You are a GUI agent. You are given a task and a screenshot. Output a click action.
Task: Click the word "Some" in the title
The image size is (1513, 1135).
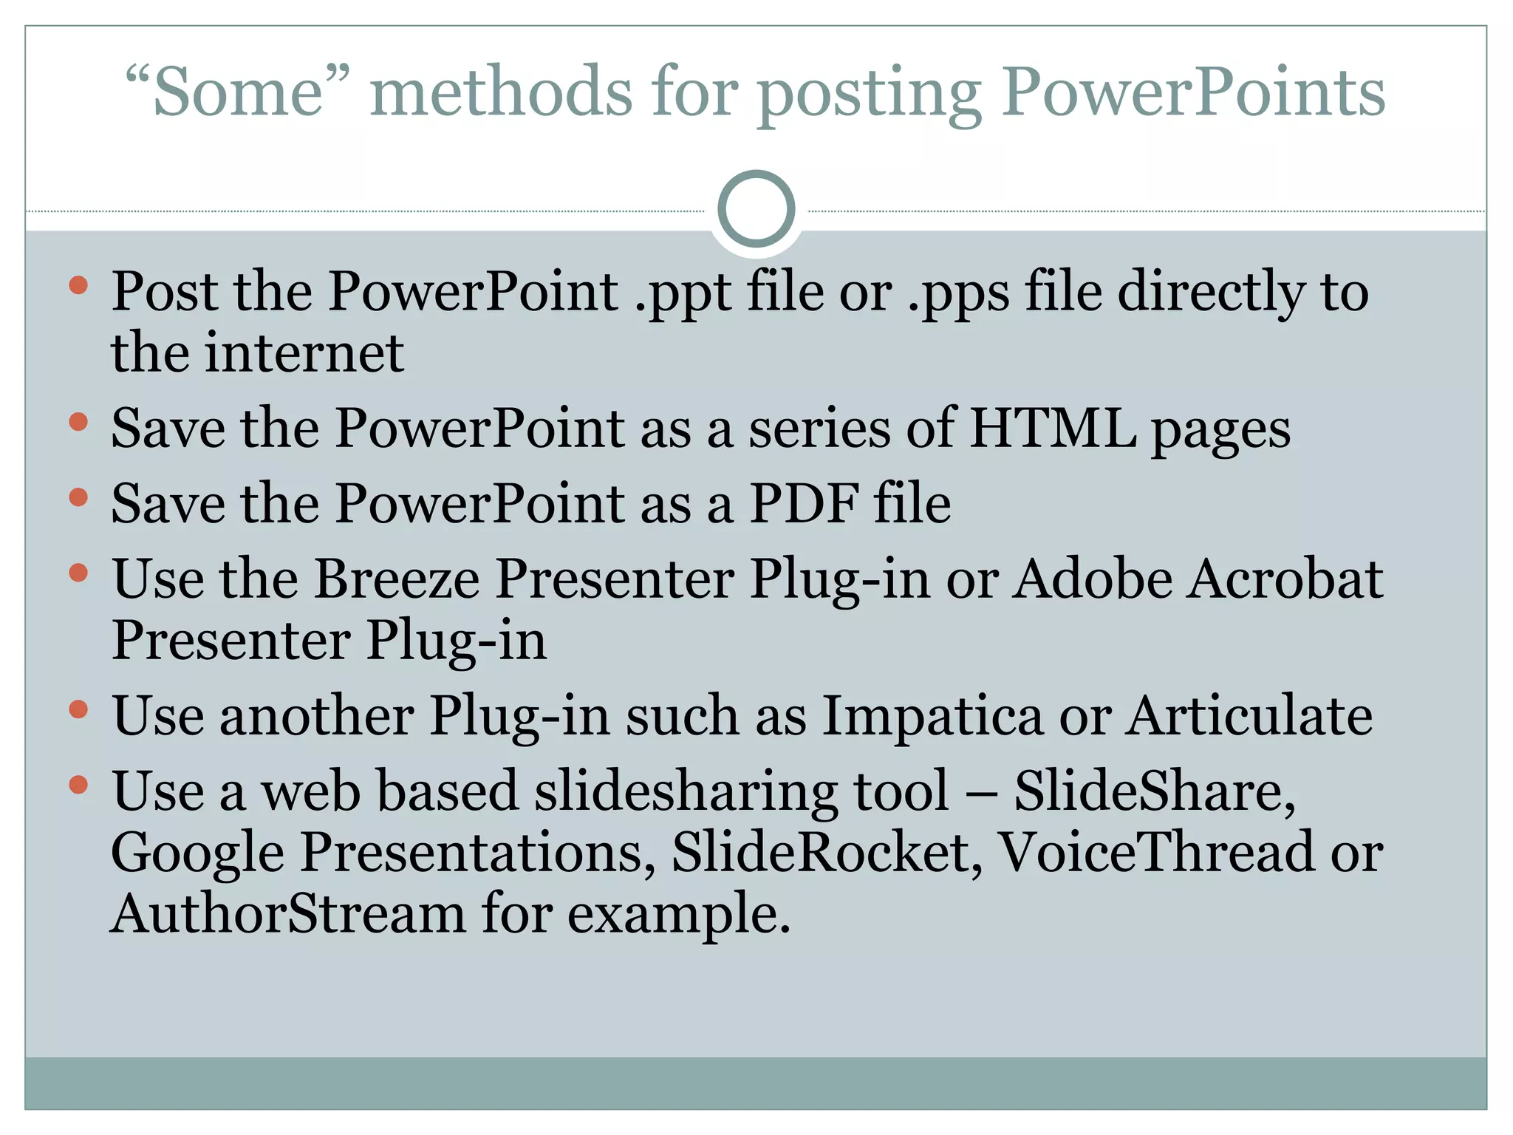click(x=238, y=92)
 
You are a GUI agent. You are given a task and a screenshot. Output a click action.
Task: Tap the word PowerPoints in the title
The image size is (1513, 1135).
click(x=1192, y=92)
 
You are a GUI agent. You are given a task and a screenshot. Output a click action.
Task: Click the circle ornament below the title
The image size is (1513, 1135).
click(x=756, y=209)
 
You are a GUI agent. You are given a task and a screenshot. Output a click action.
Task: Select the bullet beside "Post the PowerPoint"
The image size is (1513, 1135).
click(x=78, y=285)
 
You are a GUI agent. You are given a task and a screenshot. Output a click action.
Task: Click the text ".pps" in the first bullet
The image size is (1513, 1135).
click(x=957, y=293)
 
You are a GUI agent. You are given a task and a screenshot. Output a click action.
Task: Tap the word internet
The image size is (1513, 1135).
click(x=304, y=352)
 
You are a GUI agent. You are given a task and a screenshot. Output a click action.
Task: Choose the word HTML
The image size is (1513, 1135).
click(x=1052, y=428)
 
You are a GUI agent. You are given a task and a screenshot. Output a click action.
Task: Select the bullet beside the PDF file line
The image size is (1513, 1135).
click(x=78, y=497)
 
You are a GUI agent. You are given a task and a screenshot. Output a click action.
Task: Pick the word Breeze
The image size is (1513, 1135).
click(x=397, y=579)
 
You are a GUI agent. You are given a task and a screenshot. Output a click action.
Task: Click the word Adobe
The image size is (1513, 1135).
click(x=1092, y=579)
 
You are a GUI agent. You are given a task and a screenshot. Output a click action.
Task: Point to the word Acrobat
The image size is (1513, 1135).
click(x=1285, y=579)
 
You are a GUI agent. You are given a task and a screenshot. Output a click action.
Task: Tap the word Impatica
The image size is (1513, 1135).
click(x=932, y=716)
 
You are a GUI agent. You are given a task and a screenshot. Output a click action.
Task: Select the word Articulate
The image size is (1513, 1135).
click(x=1249, y=716)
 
